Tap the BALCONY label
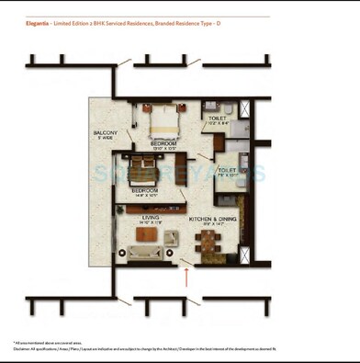(105, 133)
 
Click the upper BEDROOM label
(164, 143)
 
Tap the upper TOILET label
(217, 119)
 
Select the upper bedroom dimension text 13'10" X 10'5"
(164, 149)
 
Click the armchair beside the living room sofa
(171, 238)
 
